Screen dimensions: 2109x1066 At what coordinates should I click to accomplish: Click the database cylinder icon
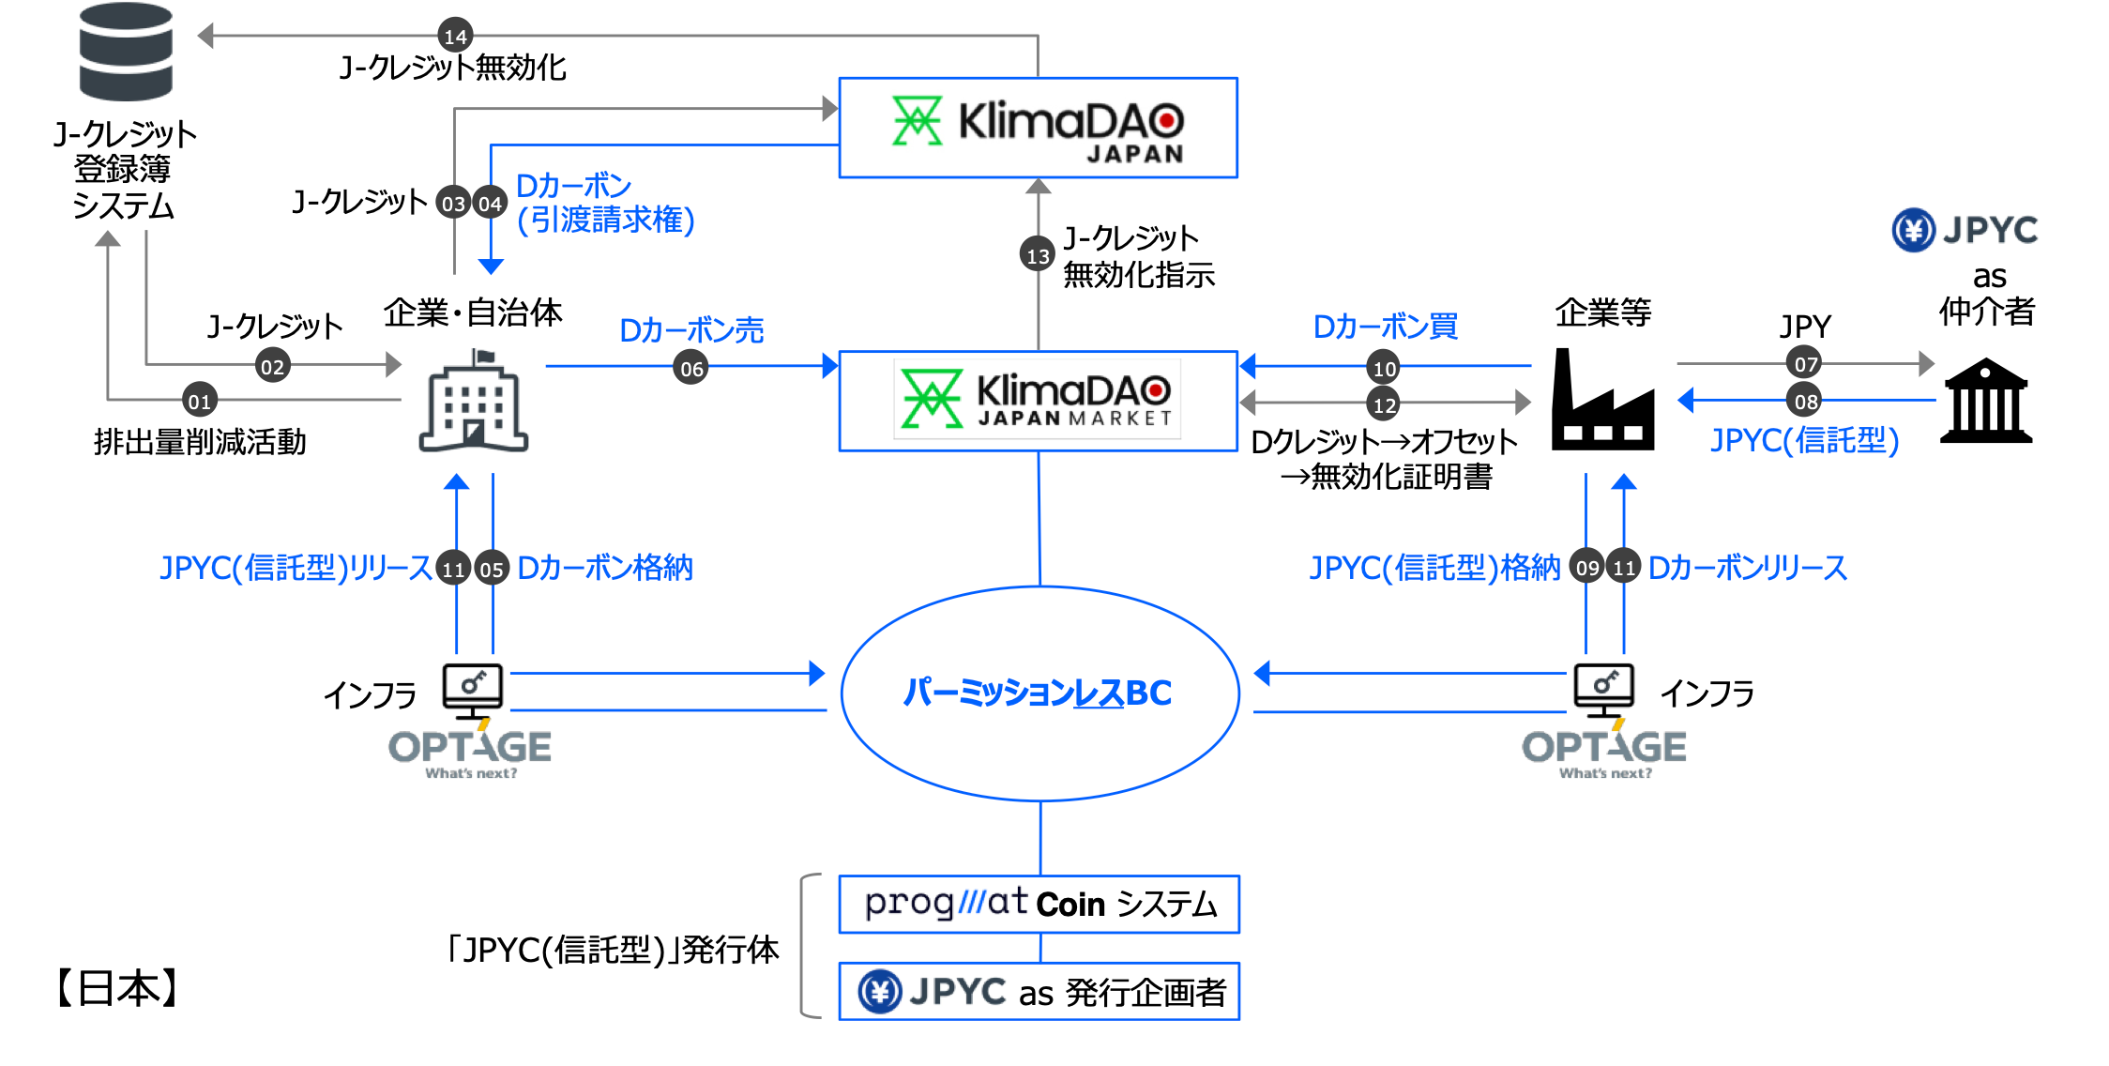(x=126, y=52)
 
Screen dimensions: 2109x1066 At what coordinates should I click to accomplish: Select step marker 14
(x=455, y=36)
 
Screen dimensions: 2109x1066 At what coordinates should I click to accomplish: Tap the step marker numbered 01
(x=199, y=401)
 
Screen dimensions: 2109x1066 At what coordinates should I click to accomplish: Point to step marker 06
(x=690, y=368)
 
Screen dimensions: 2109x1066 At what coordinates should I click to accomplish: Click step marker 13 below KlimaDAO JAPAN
(x=1038, y=254)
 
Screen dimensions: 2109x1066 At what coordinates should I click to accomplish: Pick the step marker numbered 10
(x=1384, y=367)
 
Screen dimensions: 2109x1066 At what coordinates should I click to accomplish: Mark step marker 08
(x=1805, y=401)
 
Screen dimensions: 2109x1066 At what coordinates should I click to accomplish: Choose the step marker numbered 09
(x=1586, y=567)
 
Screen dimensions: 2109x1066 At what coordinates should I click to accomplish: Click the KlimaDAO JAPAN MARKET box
(x=1039, y=401)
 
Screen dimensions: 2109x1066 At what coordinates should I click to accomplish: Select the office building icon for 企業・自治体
(x=474, y=401)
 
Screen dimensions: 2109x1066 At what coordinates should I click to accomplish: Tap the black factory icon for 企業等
(x=1602, y=400)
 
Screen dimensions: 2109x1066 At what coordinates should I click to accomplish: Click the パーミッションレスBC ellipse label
(x=1037, y=693)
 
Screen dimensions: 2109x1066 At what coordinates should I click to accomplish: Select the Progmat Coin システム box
(x=1039, y=904)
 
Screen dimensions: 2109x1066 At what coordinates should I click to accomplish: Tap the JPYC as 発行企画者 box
(x=1039, y=991)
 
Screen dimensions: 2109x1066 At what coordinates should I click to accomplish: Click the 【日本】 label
(x=117, y=988)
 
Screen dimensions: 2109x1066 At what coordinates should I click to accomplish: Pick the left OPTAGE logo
(x=470, y=752)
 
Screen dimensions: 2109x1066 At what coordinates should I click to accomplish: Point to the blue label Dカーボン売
(x=691, y=329)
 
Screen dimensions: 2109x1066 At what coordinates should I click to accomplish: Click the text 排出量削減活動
(x=200, y=441)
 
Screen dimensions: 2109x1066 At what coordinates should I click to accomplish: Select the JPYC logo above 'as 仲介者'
(x=1965, y=230)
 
